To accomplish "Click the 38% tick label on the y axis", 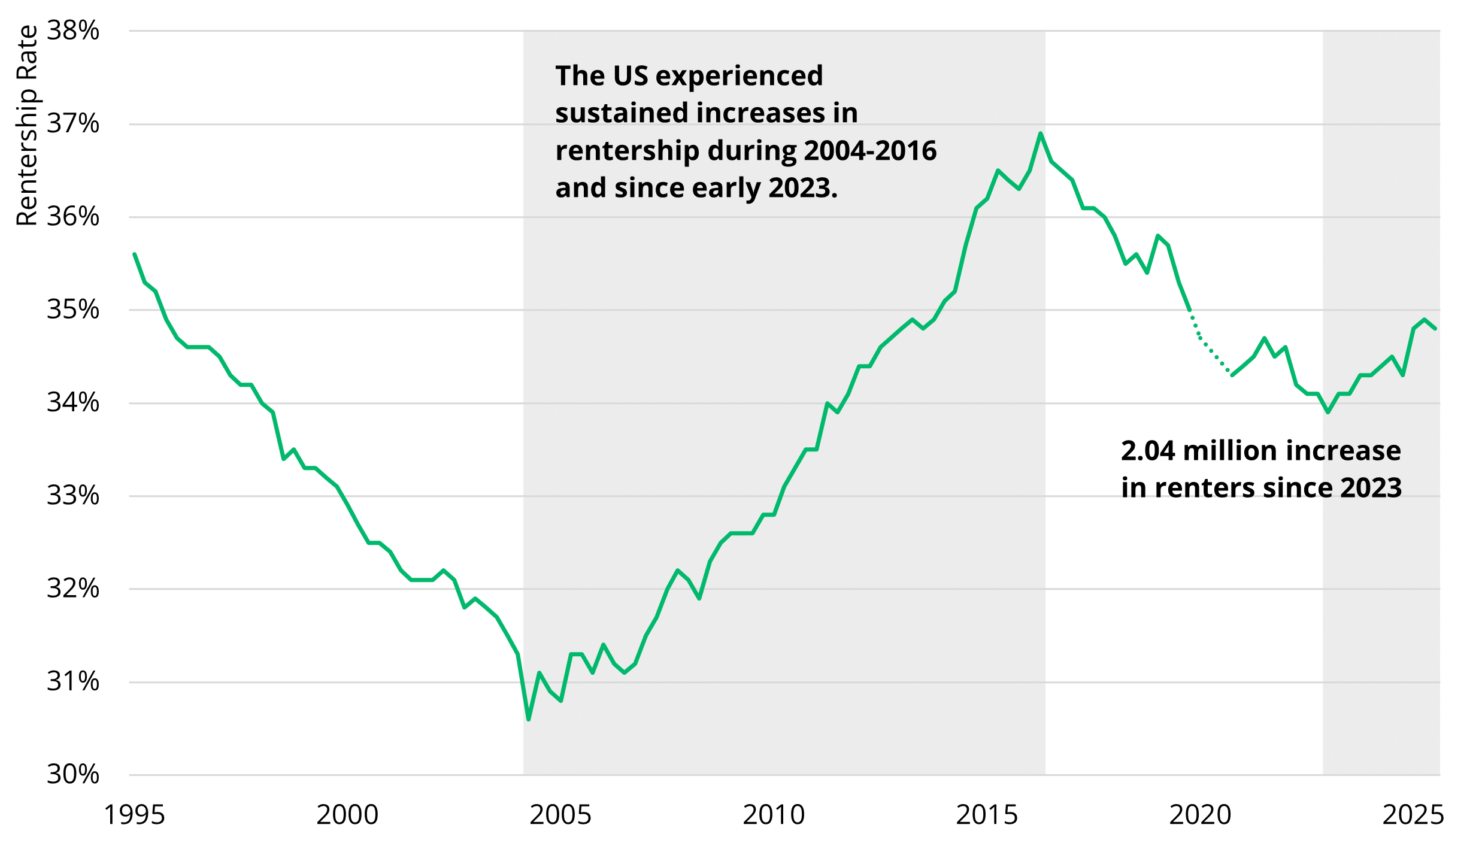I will (x=73, y=31).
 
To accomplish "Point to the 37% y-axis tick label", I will (x=73, y=124).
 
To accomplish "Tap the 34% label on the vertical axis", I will (x=73, y=403).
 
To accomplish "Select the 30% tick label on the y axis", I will (x=73, y=775).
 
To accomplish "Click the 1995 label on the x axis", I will (x=134, y=815).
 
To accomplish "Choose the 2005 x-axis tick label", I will (x=560, y=815).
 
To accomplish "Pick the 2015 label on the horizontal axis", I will (x=987, y=815).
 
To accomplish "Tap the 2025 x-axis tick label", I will (x=1413, y=815).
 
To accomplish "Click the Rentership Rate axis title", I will (x=26, y=126).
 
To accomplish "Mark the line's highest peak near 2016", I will (x=1041, y=134).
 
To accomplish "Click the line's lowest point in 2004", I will (x=529, y=719).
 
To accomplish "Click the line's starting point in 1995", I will (x=135, y=254).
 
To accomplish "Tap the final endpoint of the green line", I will (x=1435, y=328).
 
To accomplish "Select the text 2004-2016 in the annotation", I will (x=870, y=151).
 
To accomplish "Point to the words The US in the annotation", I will (x=601, y=76).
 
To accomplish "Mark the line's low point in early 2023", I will (x=1328, y=412).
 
